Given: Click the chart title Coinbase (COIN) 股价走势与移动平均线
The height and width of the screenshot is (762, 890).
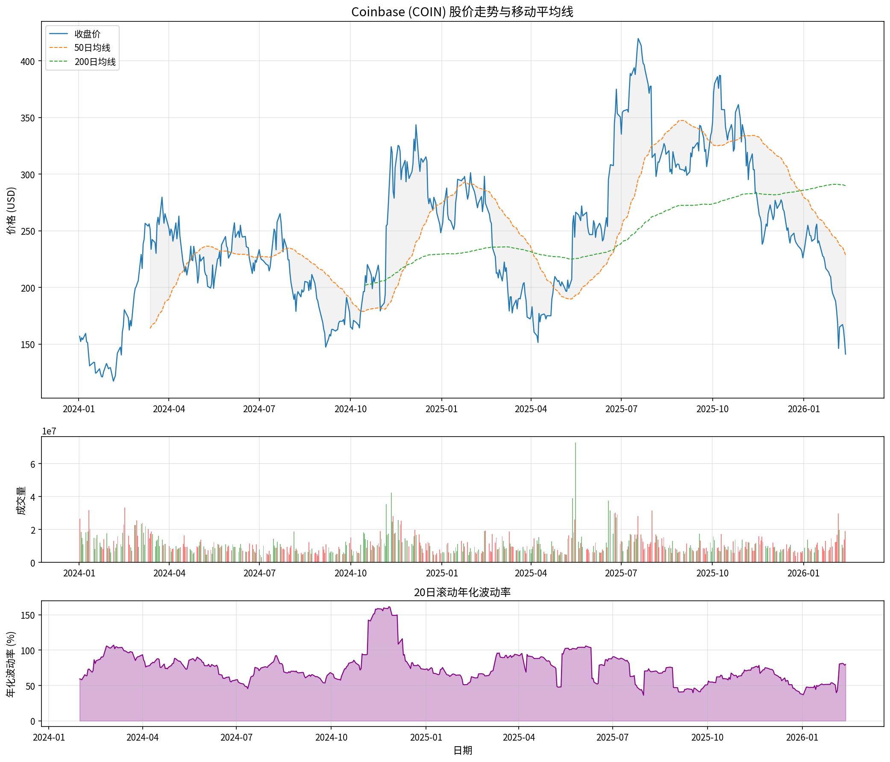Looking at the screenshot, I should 462,12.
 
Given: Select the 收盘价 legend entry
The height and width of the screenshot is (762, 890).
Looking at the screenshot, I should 87,34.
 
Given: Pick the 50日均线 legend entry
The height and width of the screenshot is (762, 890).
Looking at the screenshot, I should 92,48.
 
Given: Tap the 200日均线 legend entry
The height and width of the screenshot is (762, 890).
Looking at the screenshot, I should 95,62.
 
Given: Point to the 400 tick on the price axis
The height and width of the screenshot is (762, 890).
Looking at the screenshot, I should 27,62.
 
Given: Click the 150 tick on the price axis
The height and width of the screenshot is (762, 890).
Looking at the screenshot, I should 27,345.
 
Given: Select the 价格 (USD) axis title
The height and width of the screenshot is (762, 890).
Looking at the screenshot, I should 12,210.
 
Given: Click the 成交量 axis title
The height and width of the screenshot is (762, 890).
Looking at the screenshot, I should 21,500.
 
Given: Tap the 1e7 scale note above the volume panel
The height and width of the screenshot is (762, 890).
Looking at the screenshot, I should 49,431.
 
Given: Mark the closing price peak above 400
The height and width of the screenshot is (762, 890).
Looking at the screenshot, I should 638,38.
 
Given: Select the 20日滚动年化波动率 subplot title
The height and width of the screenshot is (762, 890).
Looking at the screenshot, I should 462,592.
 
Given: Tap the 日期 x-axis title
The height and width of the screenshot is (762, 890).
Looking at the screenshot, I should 463,750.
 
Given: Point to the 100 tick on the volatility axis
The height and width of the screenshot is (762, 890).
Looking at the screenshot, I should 28,651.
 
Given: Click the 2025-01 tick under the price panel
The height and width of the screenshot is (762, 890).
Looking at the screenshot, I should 441,409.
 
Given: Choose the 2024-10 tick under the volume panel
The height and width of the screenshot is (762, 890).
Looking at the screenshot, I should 351,573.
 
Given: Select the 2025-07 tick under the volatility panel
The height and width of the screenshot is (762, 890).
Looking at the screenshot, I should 613,738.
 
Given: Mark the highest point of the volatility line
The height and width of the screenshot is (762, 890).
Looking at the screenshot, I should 389,607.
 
